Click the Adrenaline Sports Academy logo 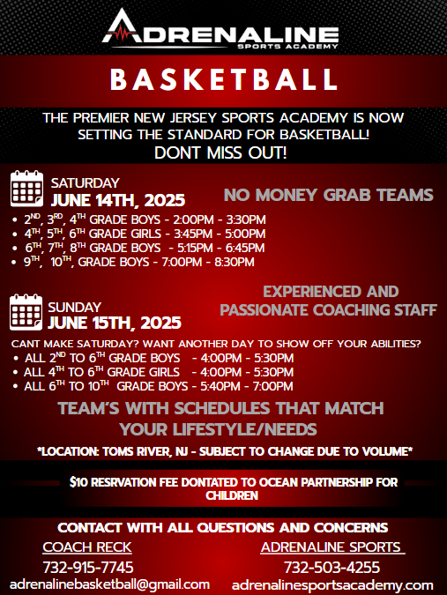(x=220, y=29)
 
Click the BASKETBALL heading (x=224, y=79)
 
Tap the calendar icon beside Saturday (x=26, y=189)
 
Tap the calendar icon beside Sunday (x=26, y=312)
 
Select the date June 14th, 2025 (x=118, y=200)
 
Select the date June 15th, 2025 (x=115, y=323)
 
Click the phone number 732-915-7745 (x=88, y=568)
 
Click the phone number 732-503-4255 (x=332, y=568)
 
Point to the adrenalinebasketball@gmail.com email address (x=109, y=584)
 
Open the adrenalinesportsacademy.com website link (x=332, y=584)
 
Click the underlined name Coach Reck (x=87, y=547)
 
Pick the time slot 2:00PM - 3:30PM (x=220, y=219)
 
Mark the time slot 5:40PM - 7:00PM (x=247, y=386)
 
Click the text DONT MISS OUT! (x=220, y=152)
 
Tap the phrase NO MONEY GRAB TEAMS (x=329, y=195)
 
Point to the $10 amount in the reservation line (x=78, y=482)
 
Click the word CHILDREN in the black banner (x=232, y=495)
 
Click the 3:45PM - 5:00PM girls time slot (x=220, y=234)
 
